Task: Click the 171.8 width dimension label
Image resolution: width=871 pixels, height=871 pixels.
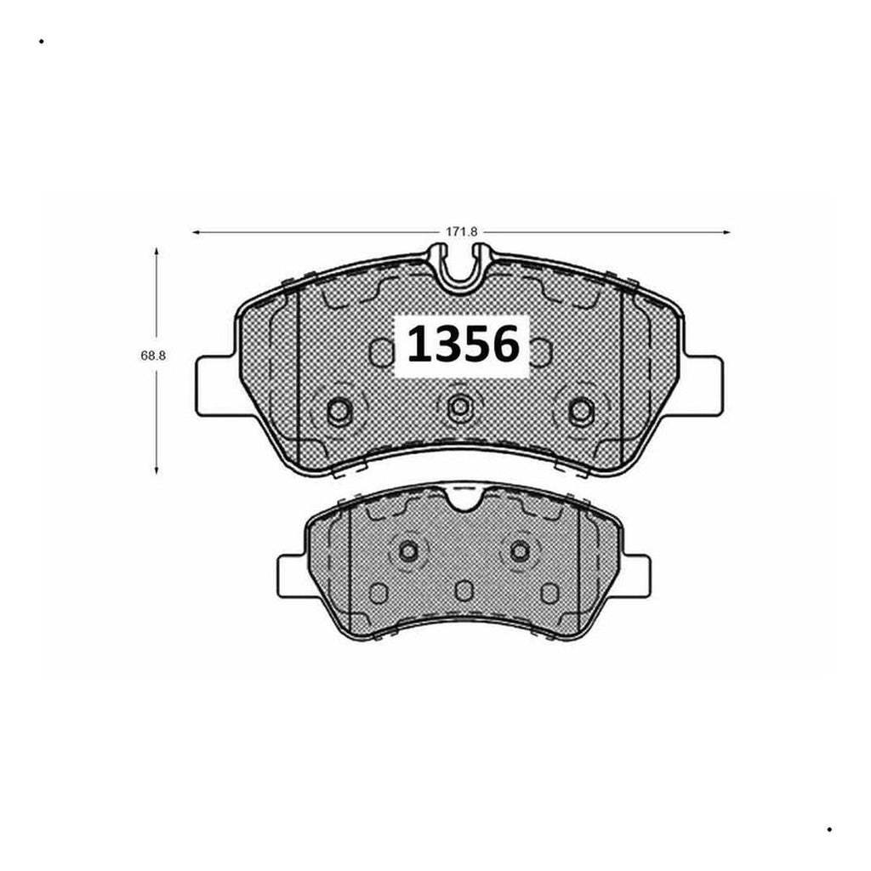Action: (462, 232)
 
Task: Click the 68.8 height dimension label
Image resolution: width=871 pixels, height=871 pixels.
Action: (153, 356)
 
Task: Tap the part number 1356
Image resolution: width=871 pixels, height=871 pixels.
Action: (464, 344)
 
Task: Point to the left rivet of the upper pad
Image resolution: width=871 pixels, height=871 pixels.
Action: (339, 411)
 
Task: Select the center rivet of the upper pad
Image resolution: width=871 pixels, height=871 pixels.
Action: (459, 407)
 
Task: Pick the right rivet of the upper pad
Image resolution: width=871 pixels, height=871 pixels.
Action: (581, 411)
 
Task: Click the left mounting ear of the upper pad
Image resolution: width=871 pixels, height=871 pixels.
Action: (218, 385)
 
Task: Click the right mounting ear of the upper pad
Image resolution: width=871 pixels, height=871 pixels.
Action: (703, 385)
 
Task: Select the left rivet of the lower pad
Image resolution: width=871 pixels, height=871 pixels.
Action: (409, 551)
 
